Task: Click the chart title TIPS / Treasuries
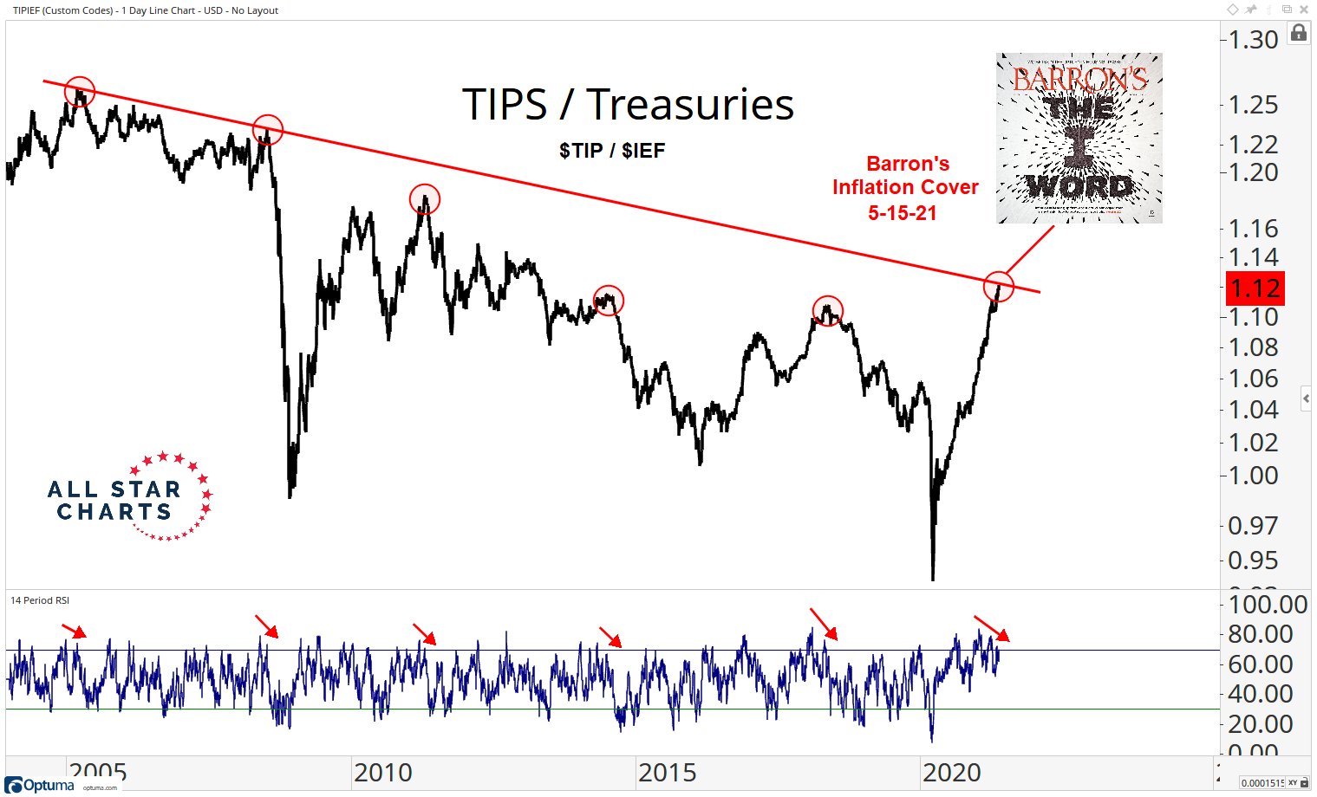(628, 105)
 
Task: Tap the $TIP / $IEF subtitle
(612, 151)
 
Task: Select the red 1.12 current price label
(1255, 288)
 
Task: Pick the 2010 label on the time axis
(382, 772)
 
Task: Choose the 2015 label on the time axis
(667, 772)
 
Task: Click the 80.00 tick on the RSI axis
(1261, 634)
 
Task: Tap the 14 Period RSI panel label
(40, 600)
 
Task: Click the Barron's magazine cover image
(1079, 138)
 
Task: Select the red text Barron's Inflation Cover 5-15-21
(905, 188)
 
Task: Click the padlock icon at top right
(1298, 33)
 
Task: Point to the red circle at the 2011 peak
(425, 199)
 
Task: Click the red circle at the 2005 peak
(79, 91)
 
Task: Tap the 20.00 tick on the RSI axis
(1261, 724)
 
